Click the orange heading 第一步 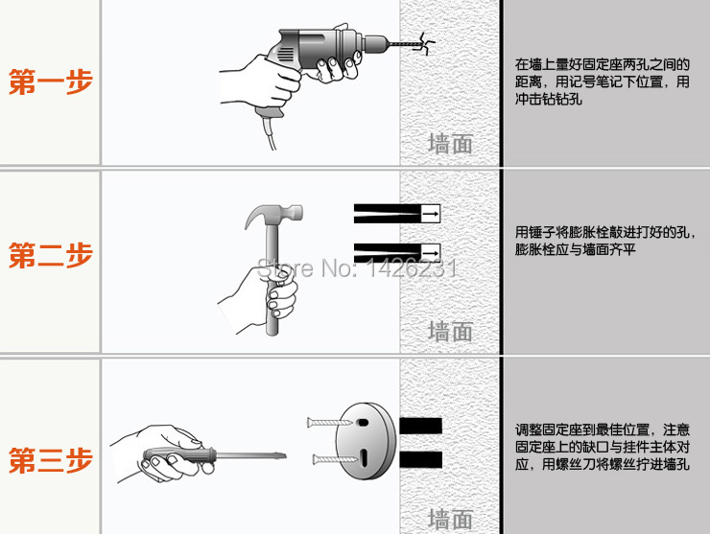click(51, 82)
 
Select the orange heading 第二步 click(51, 255)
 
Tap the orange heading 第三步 click(51, 460)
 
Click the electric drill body click(317, 50)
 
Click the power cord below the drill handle click(271, 133)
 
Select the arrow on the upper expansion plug click(431, 214)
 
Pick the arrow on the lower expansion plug click(431, 252)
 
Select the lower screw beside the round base click(335, 460)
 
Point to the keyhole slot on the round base click(365, 457)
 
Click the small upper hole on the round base click(363, 423)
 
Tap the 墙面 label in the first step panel click(450, 144)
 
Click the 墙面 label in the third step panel click(450, 519)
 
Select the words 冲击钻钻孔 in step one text click(549, 99)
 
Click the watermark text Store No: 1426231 click(357, 267)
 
